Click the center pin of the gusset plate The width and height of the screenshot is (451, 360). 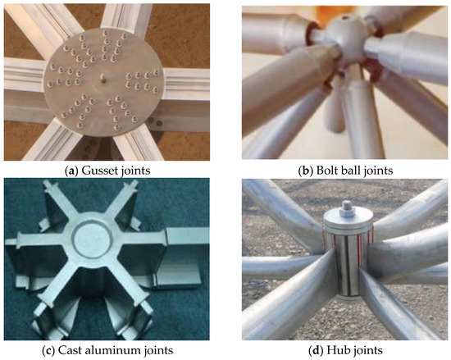point(102,78)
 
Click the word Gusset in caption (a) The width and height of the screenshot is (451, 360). point(95,171)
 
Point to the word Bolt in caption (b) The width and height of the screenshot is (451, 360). point(325,171)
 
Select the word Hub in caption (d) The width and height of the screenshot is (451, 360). point(335,350)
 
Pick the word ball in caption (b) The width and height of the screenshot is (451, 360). point(346,171)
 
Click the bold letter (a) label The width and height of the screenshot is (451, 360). point(72,171)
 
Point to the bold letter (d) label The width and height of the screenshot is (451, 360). point(317,350)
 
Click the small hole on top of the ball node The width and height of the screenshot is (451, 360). point(345,18)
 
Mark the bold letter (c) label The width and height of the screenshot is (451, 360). point(48,350)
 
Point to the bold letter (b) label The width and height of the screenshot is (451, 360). point(307,171)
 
